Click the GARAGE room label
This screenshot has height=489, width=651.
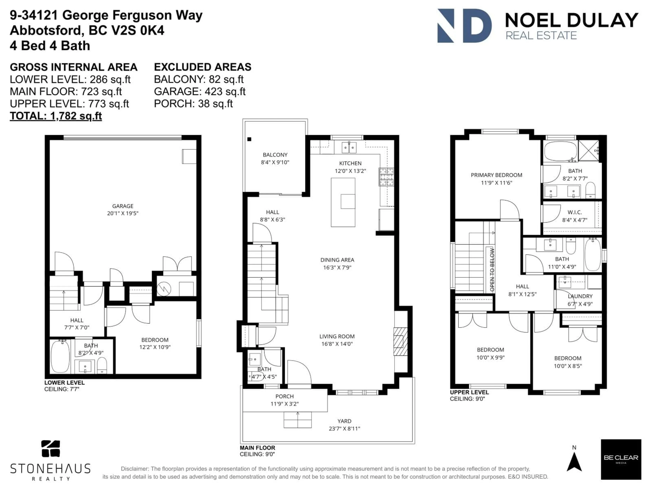click(x=123, y=206)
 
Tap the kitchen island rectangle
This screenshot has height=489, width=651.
click(x=343, y=202)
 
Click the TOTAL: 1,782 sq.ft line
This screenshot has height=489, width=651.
click(x=56, y=116)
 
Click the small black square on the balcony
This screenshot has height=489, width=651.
click(x=249, y=139)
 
